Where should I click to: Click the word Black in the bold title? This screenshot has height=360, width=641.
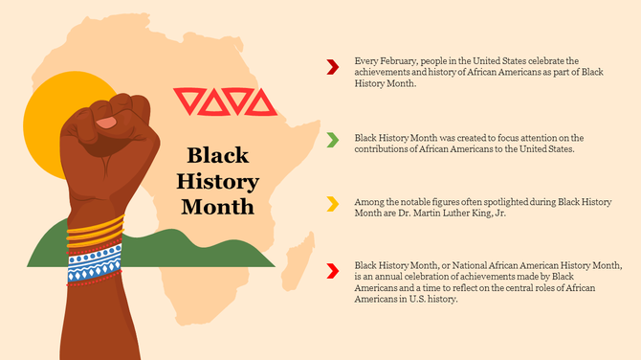(217, 155)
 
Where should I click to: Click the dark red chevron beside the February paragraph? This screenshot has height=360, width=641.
(332, 66)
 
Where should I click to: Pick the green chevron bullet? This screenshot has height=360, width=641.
(332, 141)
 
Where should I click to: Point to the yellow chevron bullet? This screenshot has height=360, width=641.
(332, 203)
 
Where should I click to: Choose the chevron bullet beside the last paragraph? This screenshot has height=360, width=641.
(332, 271)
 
